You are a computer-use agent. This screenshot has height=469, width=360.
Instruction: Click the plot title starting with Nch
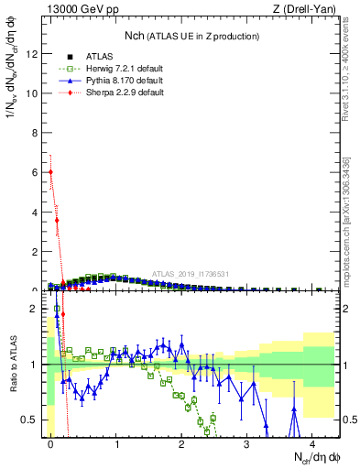click(x=191, y=36)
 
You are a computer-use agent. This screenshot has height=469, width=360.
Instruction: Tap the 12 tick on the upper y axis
click(x=32, y=54)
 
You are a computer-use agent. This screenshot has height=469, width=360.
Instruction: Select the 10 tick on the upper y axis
click(x=32, y=93)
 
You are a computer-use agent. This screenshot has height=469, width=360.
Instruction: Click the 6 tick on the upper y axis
click(x=34, y=172)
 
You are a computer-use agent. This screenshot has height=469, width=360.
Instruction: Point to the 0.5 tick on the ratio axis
click(x=30, y=420)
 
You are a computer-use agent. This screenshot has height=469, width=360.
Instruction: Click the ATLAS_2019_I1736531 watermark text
click(x=191, y=274)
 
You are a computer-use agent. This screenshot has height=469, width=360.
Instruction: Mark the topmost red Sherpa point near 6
click(x=50, y=171)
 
